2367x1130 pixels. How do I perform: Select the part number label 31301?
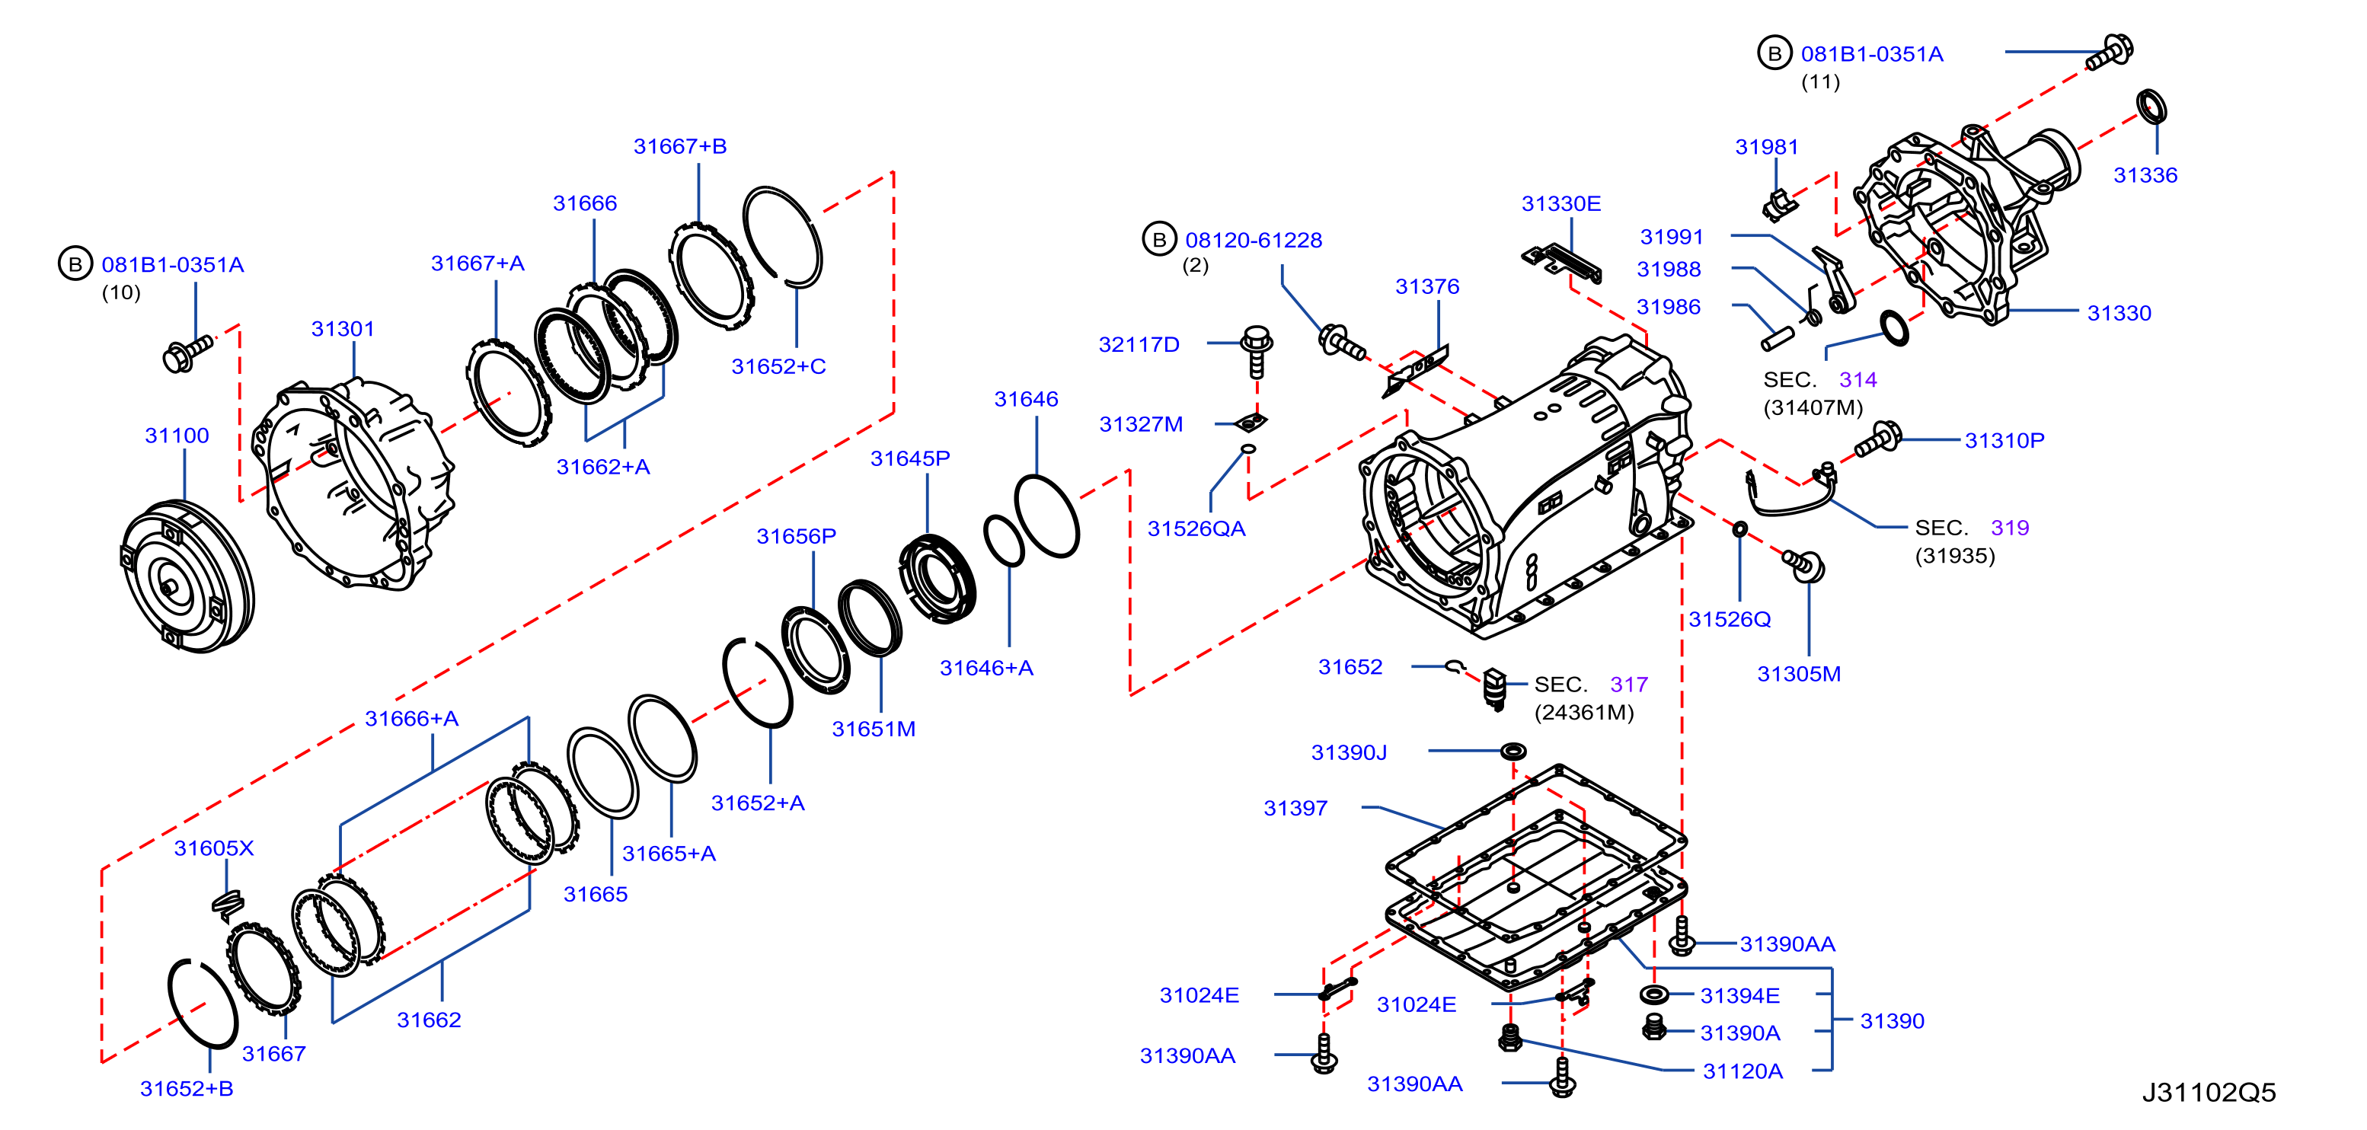pyautogui.click(x=343, y=329)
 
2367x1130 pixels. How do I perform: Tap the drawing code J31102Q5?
pyautogui.click(x=2209, y=1093)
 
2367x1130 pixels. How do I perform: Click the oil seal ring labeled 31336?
pyautogui.click(x=2151, y=107)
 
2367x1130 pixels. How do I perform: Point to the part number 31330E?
pyautogui.click(x=1561, y=204)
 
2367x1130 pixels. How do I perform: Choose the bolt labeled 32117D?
pyautogui.click(x=1256, y=351)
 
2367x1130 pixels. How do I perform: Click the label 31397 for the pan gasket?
pyautogui.click(x=1295, y=809)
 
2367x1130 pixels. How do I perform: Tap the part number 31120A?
pyautogui.click(x=1743, y=1071)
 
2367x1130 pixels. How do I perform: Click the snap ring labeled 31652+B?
pyautogui.click(x=202, y=1004)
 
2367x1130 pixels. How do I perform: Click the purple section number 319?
pyautogui.click(x=2010, y=528)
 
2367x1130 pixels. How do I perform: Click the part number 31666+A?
pyautogui.click(x=412, y=718)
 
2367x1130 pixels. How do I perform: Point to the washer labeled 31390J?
pyautogui.click(x=1513, y=752)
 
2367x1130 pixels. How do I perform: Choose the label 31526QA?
pyautogui.click(x=1196, y=529)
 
